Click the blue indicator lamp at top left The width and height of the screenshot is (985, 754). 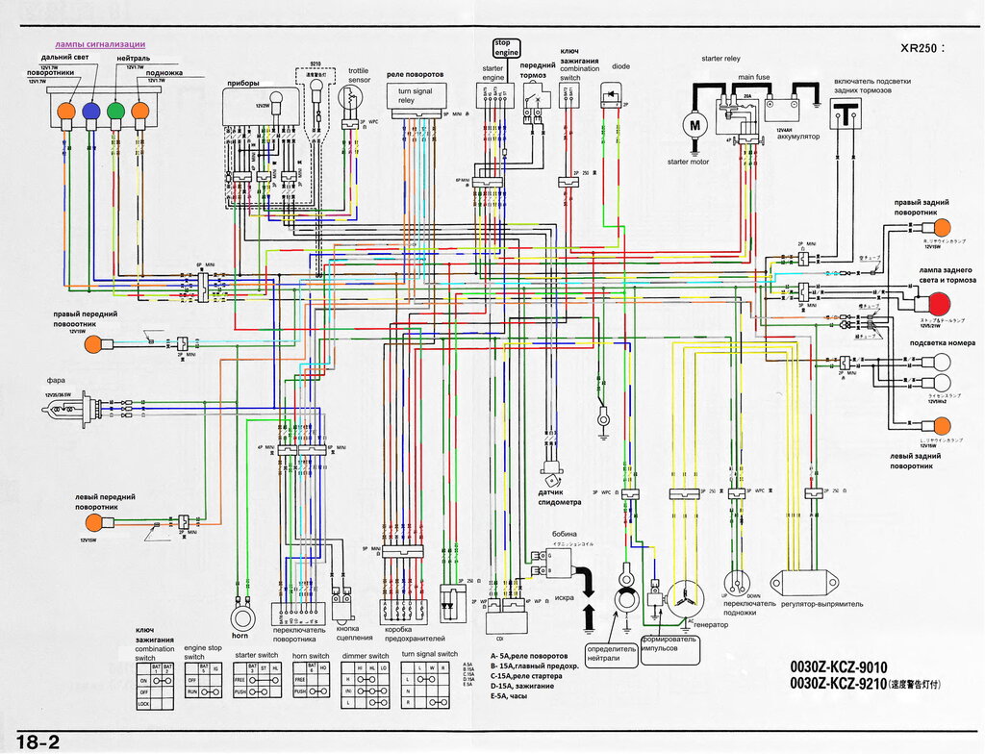pos(90,111)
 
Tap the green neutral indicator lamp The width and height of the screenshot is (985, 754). pos(115,111)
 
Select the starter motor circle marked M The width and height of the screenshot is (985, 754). pos(693,124)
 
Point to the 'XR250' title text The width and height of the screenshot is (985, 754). pos(922,47)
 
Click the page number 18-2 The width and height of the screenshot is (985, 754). pos(38,741)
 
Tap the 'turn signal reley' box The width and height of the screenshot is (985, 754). pos(415,96)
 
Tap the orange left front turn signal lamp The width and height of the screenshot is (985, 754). pos(94,522)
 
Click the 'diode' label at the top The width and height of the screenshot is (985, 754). pos(620,66)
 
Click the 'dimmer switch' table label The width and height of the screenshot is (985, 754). pos(366,654)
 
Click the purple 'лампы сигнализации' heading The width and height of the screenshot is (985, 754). pos(100,44)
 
